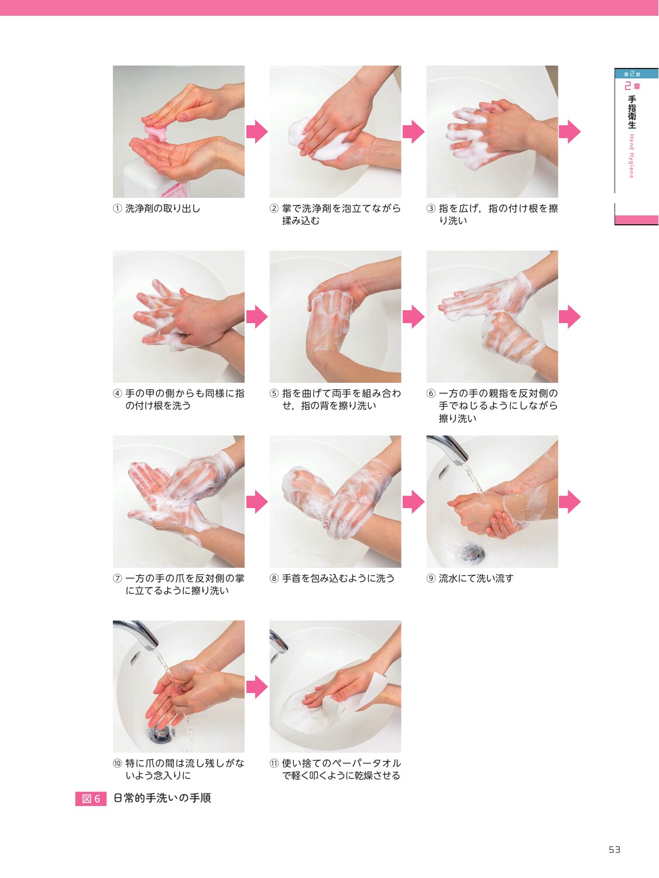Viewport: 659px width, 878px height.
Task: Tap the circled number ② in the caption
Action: tap(274, 208)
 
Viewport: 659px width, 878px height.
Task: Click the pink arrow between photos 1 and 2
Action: tap(257, 131)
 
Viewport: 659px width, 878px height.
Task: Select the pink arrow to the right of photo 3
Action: tap(569, 131)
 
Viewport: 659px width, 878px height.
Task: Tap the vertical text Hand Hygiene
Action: tap(631, 156)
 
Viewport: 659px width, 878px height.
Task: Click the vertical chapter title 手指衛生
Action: tap(632, 112)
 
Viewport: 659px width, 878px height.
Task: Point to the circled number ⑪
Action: tap(274, 763)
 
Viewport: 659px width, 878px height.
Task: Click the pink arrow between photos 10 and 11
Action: tap(257, 687)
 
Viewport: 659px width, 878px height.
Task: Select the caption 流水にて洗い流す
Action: tap(476, 578)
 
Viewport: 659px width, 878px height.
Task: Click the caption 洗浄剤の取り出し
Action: tap(163, 208)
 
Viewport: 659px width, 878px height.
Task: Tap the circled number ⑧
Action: tap(274, 578)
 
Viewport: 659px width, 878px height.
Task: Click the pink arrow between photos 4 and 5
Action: tap(257, 317)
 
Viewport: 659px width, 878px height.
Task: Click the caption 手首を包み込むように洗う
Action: tap(338, 578)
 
